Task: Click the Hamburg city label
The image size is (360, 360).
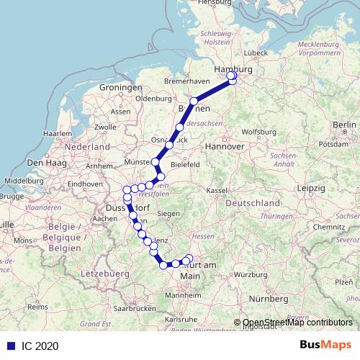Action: pyautogui.click(x=234, y=70)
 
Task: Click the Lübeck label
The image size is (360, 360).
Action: pyautogui.click(x=256, y=53)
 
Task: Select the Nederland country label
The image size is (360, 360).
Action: pyautogui.click(x=86, y=146)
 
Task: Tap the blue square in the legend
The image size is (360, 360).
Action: pyautogui.click(x=9, y=346)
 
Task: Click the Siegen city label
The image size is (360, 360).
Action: pyautogui.click(x=168, y=214)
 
